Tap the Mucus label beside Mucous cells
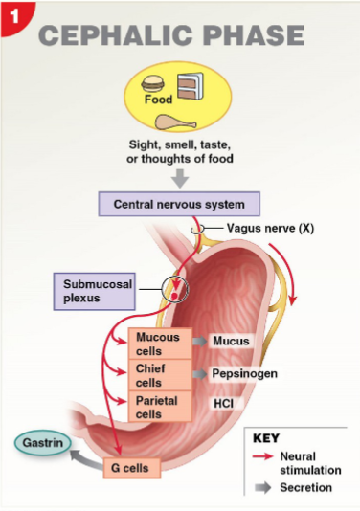click(x=230, y=341)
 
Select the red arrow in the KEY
click(x=262, y=456)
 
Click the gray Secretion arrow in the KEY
click(x=262, y=487)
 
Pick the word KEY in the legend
click(x=266, y=438)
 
